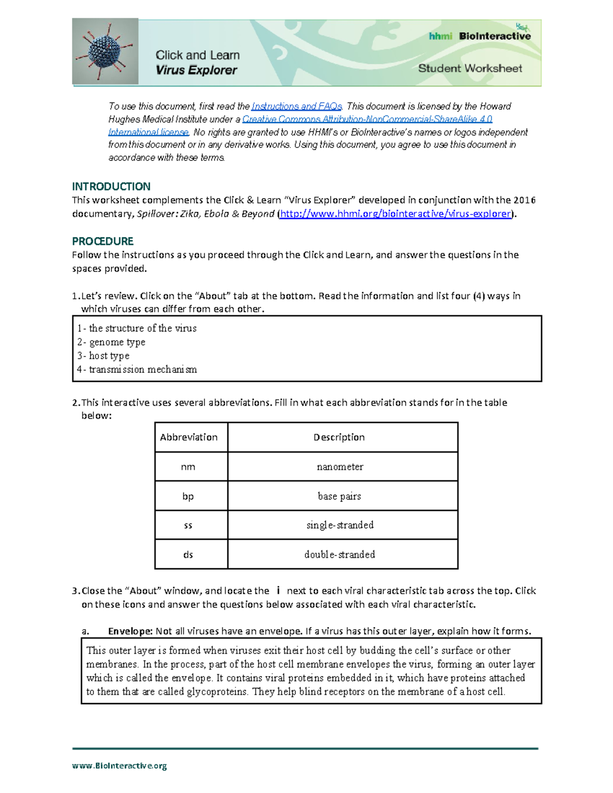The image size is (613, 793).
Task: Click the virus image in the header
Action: click(105, 52)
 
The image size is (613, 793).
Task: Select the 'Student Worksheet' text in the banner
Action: click(469, 68)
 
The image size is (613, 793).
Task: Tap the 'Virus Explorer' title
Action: click(196, 70)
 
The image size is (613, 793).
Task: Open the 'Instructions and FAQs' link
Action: click(297, 106)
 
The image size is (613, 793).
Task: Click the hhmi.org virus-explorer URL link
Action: click(395, 213)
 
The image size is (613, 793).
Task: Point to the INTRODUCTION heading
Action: click(111, 186)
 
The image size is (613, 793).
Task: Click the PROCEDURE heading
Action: click(103, 241)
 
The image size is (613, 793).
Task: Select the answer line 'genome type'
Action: click(117, 342)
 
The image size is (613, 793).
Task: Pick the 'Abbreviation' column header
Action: click(188, 437)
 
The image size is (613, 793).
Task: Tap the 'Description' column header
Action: click(339, 437)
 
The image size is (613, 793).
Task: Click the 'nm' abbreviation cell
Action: click(188, 467)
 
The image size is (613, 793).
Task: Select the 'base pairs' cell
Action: click(339, 496)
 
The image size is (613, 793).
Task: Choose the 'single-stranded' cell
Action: click(340, 525)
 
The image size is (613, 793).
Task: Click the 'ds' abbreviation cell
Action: click(188, 555)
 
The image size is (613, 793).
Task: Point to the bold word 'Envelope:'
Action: click(130, 631)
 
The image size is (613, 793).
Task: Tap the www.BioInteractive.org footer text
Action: click(120, 765)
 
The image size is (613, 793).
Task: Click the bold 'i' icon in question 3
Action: click(278, 591)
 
